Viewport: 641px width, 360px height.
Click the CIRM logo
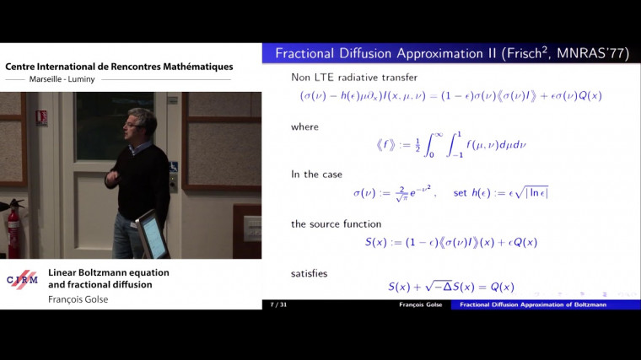point(23,279)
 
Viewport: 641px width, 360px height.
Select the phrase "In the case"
point(316,175)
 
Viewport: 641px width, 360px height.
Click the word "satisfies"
point(310,273)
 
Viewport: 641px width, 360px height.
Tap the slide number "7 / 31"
point(277,304)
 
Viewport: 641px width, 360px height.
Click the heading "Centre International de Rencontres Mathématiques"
point(119,67)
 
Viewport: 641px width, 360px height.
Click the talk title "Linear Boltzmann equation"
point(109,272)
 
